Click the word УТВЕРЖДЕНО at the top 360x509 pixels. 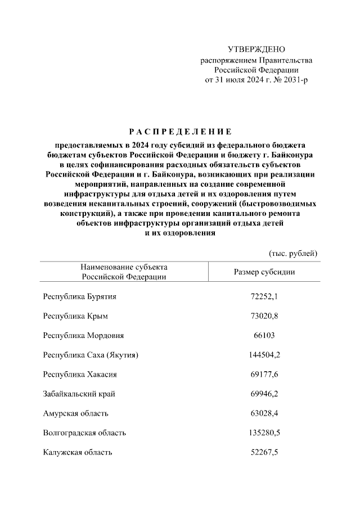click(x=256, y=49)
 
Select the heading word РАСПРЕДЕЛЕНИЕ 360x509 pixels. click(x=180, y=132)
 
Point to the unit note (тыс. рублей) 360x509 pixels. click(x=294, y=253)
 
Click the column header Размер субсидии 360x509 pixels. click(x=264, y=272)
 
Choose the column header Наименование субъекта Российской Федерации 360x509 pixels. click(x=124, y=272)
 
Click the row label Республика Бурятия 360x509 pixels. click(x=80, y=296)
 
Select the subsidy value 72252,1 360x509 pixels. click(x=264, y=296)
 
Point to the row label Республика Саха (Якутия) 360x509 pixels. click(x=91, y=355)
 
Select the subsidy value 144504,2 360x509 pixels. click(x=264, y=355)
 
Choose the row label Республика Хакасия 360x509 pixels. click(x=80, y=374)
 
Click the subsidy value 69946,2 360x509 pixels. click(x=264, y=394)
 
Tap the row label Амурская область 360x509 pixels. click(x=76, y=413)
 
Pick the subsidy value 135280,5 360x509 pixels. click(x=264, y=433)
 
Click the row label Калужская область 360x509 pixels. click(x=78, y=452)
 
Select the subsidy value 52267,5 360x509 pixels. click(x=264, y=452)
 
